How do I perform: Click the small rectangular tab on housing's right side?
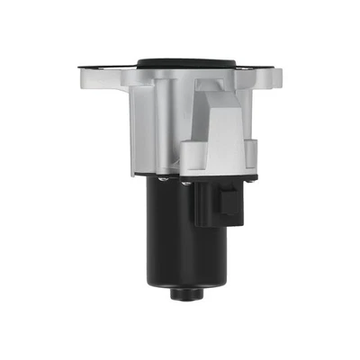pos(251,149)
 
